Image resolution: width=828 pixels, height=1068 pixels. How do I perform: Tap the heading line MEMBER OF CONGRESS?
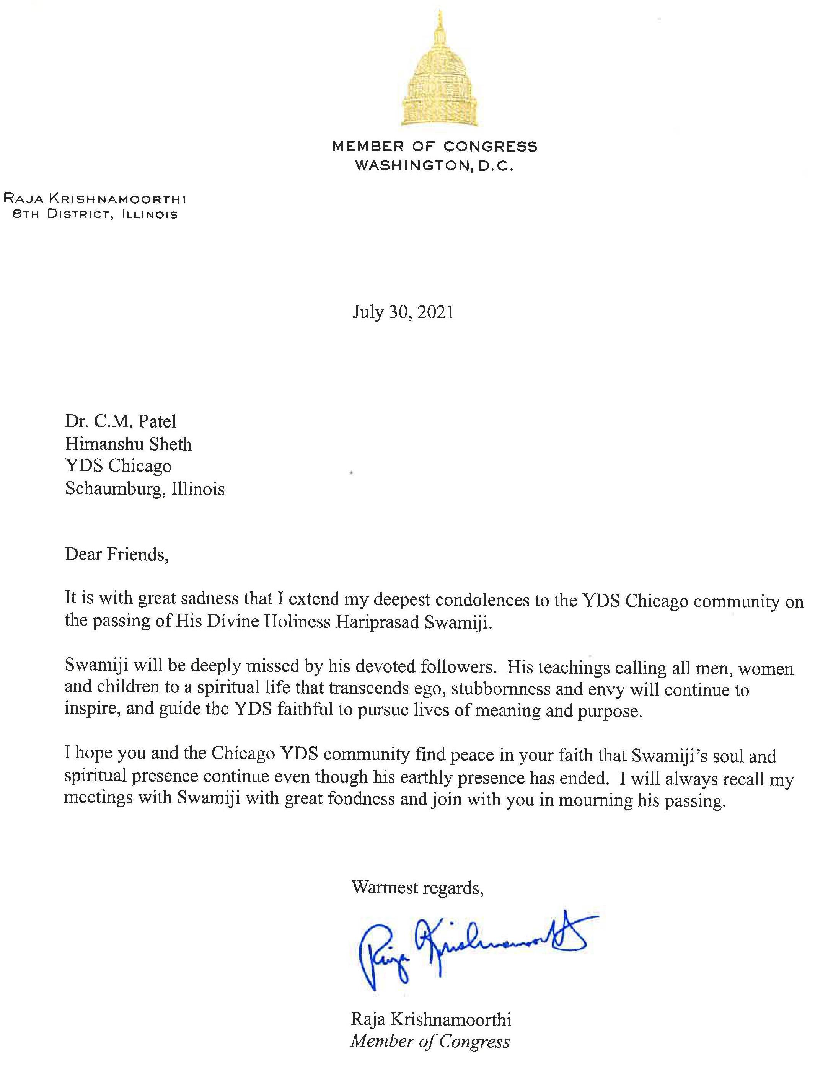[x=435, y=146]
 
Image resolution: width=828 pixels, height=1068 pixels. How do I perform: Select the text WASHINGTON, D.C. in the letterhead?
[x=435, y=166]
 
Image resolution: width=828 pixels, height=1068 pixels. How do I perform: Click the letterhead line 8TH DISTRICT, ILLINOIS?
[x=95, y=215]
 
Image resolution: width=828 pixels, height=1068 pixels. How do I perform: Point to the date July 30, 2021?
[x=403, y=312]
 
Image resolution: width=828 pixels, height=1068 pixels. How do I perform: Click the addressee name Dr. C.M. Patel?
[x=121, y=421]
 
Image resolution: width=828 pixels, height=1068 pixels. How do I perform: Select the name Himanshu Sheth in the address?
[x=129, y=444]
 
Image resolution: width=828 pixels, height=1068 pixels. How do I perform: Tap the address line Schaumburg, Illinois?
[x=145, y=488]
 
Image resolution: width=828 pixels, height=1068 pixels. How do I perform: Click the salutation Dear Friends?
[x=117, y=555]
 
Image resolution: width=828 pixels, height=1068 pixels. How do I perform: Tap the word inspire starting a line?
[x=92, y=710]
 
